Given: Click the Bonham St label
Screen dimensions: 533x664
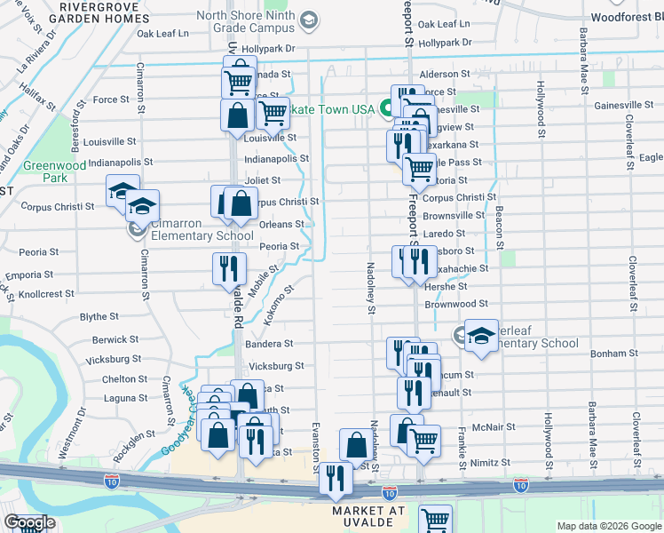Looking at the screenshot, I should [x=608, y=354].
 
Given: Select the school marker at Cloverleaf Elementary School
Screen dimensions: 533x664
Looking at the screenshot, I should [x=480, y=336].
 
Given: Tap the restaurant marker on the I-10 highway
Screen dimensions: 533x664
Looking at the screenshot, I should [x=336, y=476].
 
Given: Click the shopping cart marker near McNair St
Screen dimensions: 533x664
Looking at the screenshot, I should [x=423, y=439].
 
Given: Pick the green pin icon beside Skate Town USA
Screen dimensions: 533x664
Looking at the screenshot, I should [x=387, y=109].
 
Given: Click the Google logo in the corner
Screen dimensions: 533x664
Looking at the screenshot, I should [x=29, y=523].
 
